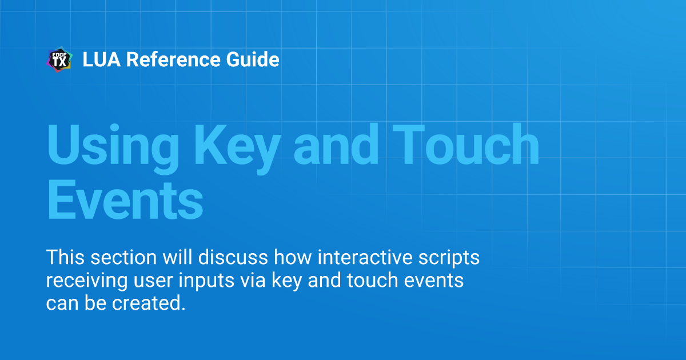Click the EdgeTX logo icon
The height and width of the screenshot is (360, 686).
[x=59, y=60]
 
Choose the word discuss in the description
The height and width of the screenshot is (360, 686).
[x=233, y=258]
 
